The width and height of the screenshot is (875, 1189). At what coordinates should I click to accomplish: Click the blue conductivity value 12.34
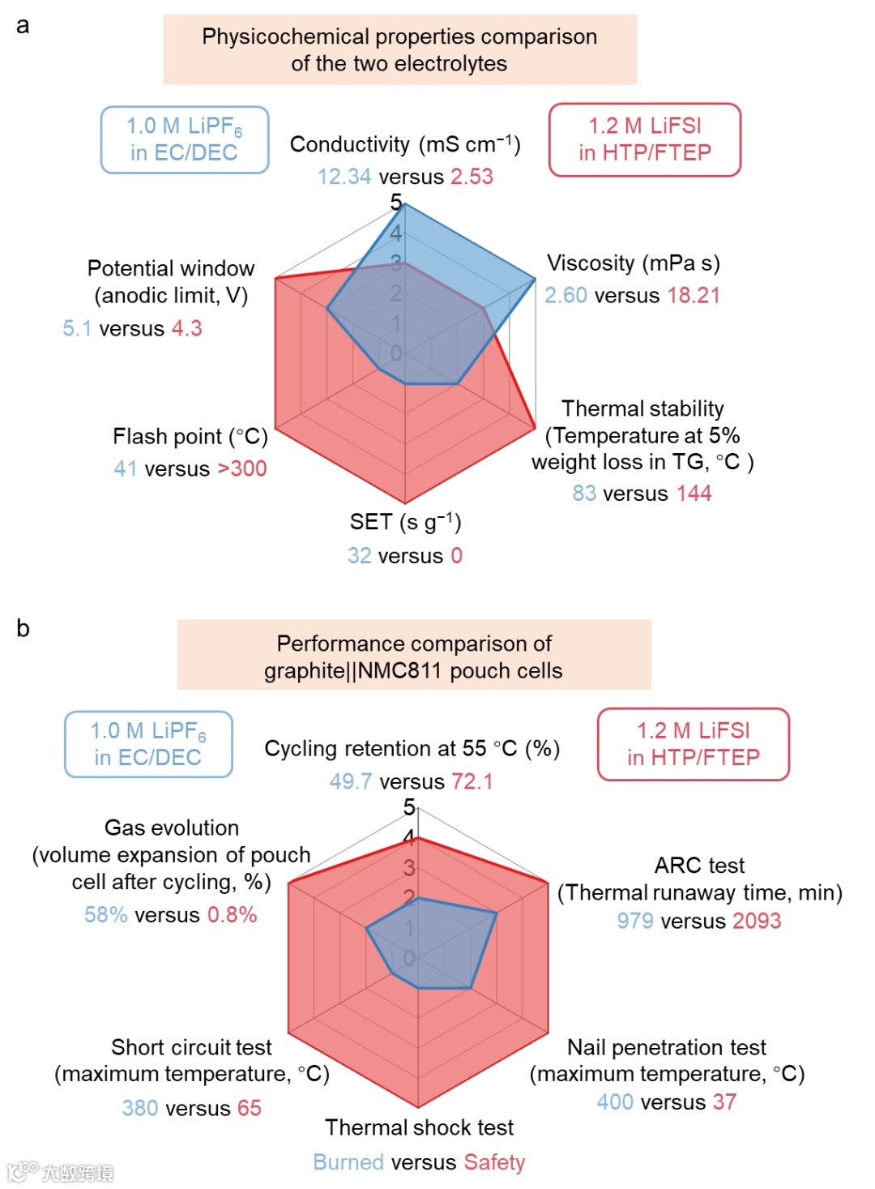coord(344,177)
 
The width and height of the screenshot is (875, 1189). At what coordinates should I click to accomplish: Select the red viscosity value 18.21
coord(694,295)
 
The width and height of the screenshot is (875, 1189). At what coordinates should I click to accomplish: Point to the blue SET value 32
coord(360,556)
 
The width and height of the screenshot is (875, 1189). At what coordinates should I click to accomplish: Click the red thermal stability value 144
coord(694,494)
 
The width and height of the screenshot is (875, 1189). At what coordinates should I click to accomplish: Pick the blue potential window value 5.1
coord(77,328)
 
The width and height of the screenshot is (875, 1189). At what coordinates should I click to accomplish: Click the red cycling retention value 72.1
coord(472,781)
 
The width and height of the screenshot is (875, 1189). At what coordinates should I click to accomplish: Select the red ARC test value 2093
coord(757,921)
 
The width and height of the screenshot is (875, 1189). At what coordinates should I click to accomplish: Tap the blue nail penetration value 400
coord(615,1102)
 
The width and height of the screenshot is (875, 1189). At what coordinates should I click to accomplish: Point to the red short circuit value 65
coord(250,1108)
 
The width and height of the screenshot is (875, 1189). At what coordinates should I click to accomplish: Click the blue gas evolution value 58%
coord(106,915)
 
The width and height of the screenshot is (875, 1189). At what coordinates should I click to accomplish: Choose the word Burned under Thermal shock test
coord(348,1162)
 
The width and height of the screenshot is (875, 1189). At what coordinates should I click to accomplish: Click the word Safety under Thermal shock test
coord(494,1162)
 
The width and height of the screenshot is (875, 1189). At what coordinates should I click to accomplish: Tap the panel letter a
coord(23,26)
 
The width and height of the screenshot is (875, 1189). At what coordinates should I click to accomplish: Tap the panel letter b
coord(23,629)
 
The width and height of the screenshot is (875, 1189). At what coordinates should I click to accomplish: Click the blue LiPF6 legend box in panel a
coord(185,139)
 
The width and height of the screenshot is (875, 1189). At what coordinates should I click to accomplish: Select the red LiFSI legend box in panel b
coord(694,744)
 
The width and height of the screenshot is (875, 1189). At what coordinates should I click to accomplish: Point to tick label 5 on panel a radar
coord(396,202)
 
